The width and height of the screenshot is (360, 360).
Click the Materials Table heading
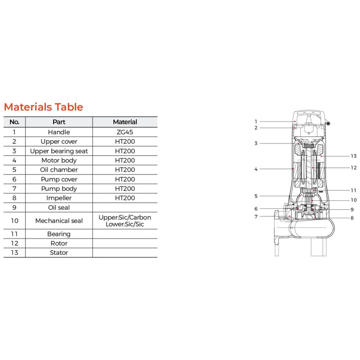pos(43,107)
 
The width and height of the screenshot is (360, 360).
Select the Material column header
pos(125,122)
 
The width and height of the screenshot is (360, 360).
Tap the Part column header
pos(59,122)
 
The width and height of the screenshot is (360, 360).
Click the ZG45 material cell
pos(125,132)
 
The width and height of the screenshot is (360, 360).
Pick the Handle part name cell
pos(59,132)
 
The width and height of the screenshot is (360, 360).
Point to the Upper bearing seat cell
pos(59,151)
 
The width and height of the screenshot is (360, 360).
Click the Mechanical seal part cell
pos(59,220)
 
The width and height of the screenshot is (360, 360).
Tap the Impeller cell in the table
pos(59,198)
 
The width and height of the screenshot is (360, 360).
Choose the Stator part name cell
pos(59,252)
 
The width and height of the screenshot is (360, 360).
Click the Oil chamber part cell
pos(59,170)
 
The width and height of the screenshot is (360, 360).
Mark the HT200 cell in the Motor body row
pos(125,160)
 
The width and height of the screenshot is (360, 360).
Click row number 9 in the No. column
pos(14,207)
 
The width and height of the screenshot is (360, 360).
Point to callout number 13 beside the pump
pos(354,156)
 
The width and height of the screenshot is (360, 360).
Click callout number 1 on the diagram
pos(256,121)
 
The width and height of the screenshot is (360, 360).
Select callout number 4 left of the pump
pos(256,169)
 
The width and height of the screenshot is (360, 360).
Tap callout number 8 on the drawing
pos(352,218)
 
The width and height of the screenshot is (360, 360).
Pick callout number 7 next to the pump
pos(256,216)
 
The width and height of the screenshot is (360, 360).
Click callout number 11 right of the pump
pos(354,190)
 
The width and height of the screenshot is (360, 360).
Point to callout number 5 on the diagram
pos(256,196)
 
